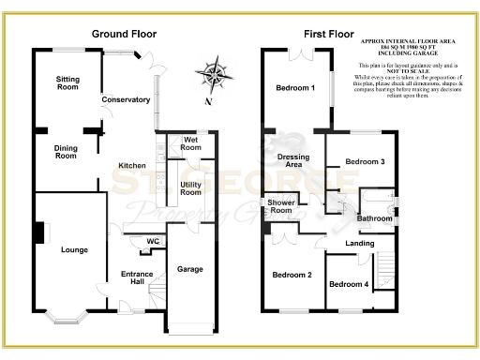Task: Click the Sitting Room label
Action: [x=67, y=82]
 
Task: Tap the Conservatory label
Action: [x=126, y=99]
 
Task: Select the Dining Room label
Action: [x=66, y=151]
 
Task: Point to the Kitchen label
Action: [x=131, y=166]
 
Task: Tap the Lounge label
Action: [x=75, y=250]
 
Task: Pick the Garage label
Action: [x=190, y=269]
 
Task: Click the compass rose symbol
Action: [x=215, y=74]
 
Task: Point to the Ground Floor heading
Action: [x=122, y=34]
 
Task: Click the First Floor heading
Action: [x=327, y=34]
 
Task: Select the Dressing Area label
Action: [x=293, y=161]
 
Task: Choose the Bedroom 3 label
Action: [x=366, y=162]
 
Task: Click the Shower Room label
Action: [x=282, y=206]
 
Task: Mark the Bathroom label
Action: [x=374, y=218]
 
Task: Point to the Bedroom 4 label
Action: [x=349, y=283]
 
